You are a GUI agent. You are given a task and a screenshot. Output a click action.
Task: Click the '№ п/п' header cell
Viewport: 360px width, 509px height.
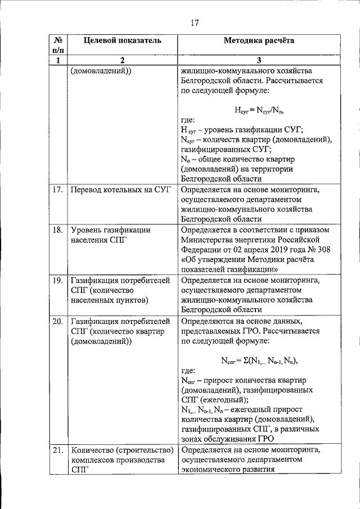58,46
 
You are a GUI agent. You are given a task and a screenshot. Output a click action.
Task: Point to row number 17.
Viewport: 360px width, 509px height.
57,189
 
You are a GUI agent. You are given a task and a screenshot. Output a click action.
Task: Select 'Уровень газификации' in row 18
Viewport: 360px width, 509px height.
111,229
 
